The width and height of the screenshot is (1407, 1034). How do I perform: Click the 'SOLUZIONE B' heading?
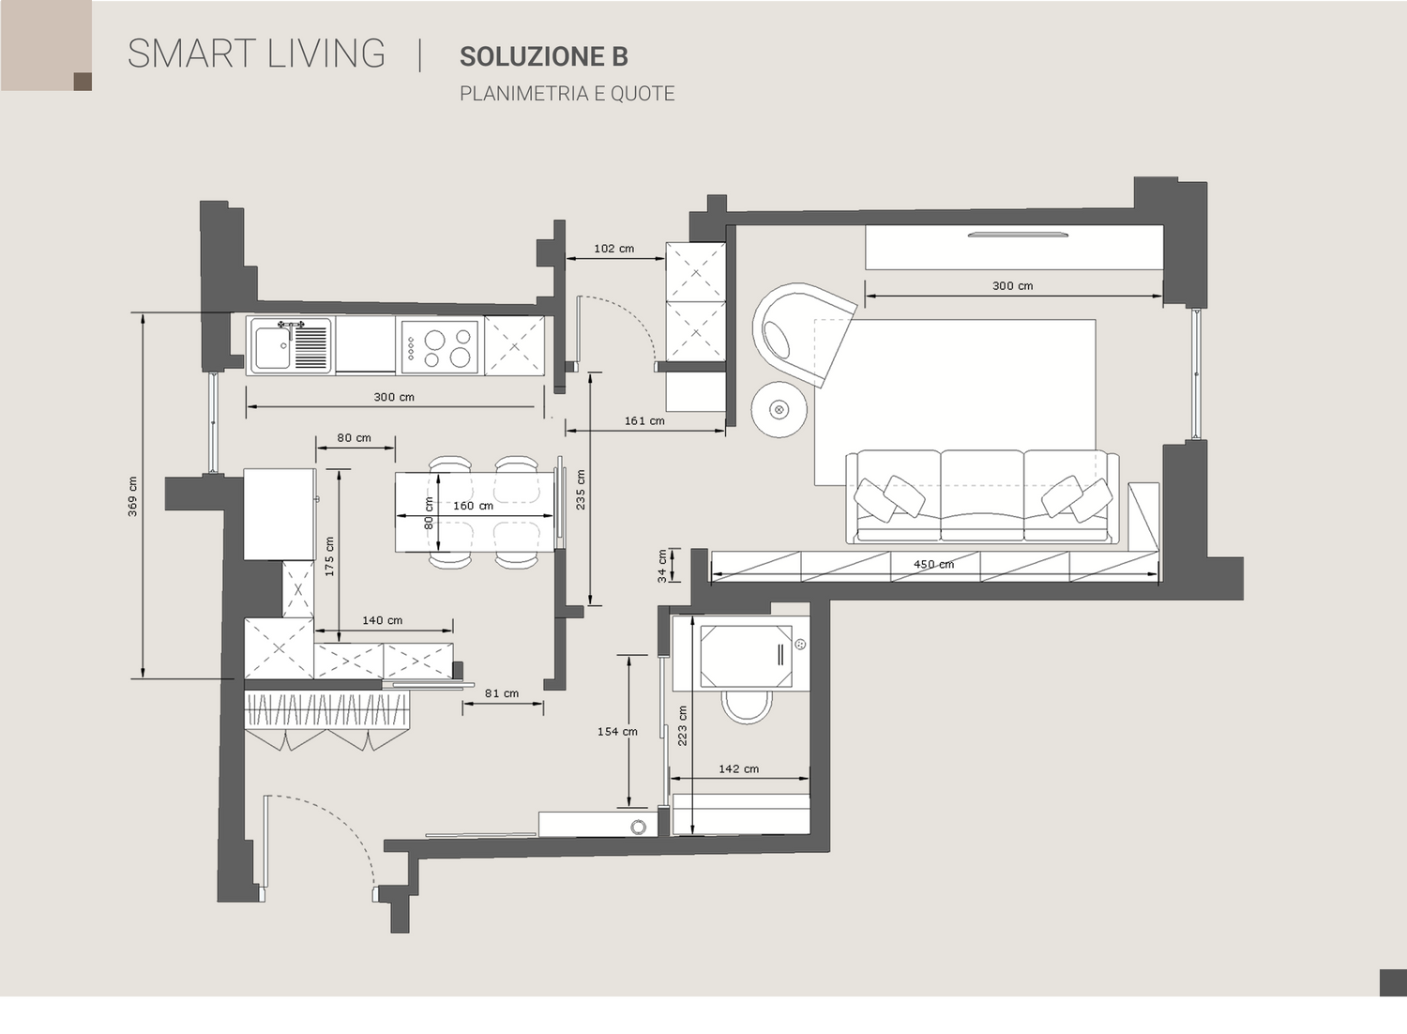pos(543,56)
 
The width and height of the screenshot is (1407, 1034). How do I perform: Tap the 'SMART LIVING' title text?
pos(256,53)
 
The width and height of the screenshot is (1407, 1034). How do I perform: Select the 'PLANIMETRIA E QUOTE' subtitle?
pos(567,94)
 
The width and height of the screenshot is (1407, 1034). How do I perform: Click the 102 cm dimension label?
pos(613,248)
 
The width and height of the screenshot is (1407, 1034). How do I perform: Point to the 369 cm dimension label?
pos(132,496)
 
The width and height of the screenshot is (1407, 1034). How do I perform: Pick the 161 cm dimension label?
pos(644,421)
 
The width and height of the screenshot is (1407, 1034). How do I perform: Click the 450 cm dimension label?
pos(933,564)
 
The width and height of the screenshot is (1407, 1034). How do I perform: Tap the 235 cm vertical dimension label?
pos(581,490)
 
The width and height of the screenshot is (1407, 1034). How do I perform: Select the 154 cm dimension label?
pos(617,731)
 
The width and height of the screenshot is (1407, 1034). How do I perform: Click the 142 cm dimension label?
pos(739,768)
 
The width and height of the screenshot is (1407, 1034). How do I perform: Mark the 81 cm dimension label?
pos(502,692)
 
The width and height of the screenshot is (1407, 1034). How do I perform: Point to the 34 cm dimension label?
pos(662,566)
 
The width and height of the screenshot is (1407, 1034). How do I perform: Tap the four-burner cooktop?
pos(440,347)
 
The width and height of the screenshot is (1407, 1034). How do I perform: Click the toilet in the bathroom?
pos(747,707)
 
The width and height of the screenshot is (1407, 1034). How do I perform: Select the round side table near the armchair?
pos(779,410)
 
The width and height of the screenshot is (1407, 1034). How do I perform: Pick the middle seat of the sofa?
pos(982,495)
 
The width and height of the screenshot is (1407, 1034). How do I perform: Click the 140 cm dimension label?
pos(383,620)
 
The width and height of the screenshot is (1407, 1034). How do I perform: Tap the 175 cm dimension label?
pos(330,556)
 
